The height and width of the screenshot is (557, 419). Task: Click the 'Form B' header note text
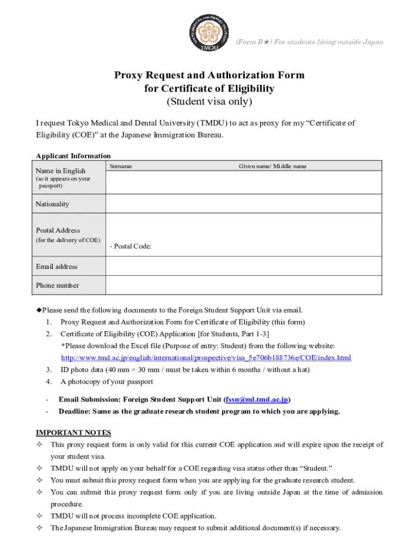click(x=309, y=42)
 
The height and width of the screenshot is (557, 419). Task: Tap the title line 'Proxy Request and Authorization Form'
click(x=209, y=75)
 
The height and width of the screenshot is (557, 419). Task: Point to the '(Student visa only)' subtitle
click(x=209, y=102)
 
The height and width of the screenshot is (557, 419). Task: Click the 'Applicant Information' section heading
click(x=73, y=156)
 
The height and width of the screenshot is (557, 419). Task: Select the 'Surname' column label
click(x=120, y=166)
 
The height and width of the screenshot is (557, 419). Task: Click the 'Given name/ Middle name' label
click(x=273, y=166)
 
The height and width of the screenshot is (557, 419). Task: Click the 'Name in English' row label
click(x=60, y=171)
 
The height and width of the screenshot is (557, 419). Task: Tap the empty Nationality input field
click(x=244, y=204)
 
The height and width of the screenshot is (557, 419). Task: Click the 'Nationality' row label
click(x=52, y=204)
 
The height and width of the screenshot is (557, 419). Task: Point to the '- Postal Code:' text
click(x=130, y=246)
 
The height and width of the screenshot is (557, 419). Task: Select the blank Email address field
click(x=244, y=267)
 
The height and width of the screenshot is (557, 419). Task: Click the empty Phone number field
click(x=244, y=286)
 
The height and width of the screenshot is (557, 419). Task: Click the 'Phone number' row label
click(x=57, y=286)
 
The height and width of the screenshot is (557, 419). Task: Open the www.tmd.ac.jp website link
click(x=206, y=358)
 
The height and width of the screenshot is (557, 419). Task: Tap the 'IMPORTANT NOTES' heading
click(x=73, y=433)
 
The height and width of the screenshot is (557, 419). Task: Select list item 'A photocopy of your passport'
click(x=107, y=382)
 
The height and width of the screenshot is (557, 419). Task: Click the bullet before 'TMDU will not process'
click(x=39, y=516)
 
